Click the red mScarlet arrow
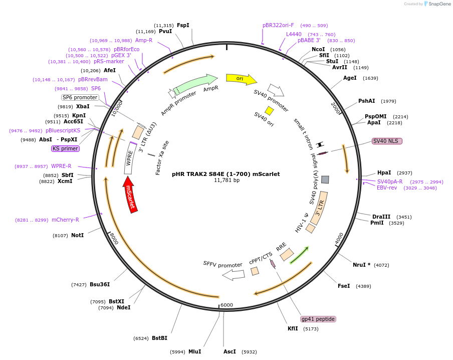point(130,195)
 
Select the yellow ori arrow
point(242,79)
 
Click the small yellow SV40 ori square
point(269,111)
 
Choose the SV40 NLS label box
point(387,141)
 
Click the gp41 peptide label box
point(318,319)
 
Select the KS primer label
point(65,148)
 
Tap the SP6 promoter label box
point(80,97)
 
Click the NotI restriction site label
point(78,235)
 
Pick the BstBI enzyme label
point(159,338)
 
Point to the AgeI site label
point(350,78)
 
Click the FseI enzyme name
point(344,286)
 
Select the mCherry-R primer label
point(65,220)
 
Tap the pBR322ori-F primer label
point(278,25)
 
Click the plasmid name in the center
point(226,174)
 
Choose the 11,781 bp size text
point(227,180)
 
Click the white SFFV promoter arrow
point(234,275)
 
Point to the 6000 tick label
point(226,305)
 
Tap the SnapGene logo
point(437,4)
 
